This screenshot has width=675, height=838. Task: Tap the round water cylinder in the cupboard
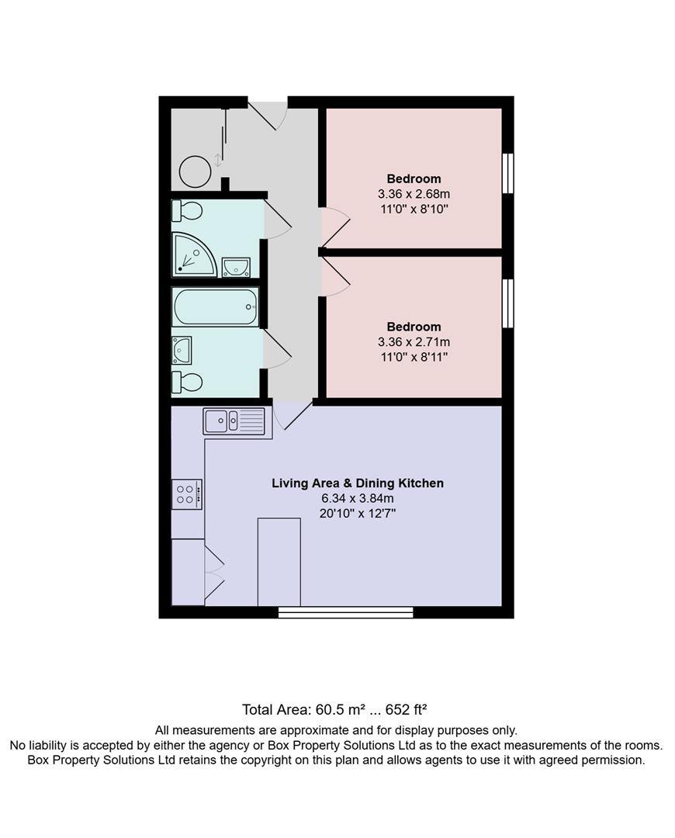tap(194, 170)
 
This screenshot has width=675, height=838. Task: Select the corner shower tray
tap(192, 255)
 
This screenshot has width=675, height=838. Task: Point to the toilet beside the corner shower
tap(189, 210)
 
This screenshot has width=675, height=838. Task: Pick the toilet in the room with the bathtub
tap(189, 382)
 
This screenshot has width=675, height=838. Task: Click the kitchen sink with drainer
tap(234, 421)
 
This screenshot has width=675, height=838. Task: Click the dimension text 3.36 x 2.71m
tap(414, 342)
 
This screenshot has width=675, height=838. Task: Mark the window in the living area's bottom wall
tap(345, 612)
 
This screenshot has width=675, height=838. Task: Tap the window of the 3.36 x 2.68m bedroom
tap(507, 172)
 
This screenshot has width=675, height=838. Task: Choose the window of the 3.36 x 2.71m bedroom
tap(507, 303)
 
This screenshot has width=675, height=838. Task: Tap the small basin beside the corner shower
tap(235, 267)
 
